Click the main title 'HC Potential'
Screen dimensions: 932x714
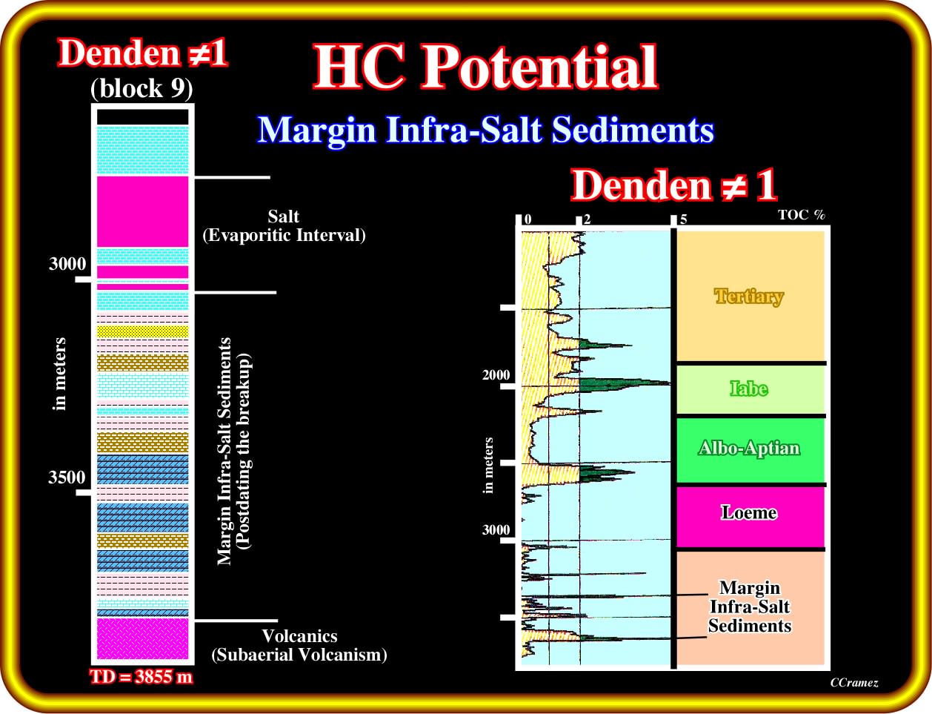485,67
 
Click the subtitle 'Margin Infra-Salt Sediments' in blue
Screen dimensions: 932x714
485,130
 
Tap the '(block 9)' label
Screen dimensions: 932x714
142,88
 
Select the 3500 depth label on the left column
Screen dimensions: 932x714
67,477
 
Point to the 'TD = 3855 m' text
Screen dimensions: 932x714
142,677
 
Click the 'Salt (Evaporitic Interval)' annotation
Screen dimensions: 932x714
284,225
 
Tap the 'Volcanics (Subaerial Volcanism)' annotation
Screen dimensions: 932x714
299,645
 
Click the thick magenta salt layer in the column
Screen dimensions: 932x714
142,211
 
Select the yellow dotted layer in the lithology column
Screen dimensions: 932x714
142,331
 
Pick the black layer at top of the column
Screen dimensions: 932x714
142,117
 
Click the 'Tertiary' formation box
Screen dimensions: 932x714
750,297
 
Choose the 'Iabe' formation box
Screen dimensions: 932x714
750,389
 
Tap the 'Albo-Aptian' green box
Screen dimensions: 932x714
750,450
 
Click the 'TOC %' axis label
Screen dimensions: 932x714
801,214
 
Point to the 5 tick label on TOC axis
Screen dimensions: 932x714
683,219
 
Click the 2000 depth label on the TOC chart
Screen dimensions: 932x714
496,375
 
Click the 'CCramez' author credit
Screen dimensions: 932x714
854,683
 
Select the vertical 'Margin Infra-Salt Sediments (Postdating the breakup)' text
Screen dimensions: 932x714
234,451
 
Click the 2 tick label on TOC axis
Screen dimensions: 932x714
587,219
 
